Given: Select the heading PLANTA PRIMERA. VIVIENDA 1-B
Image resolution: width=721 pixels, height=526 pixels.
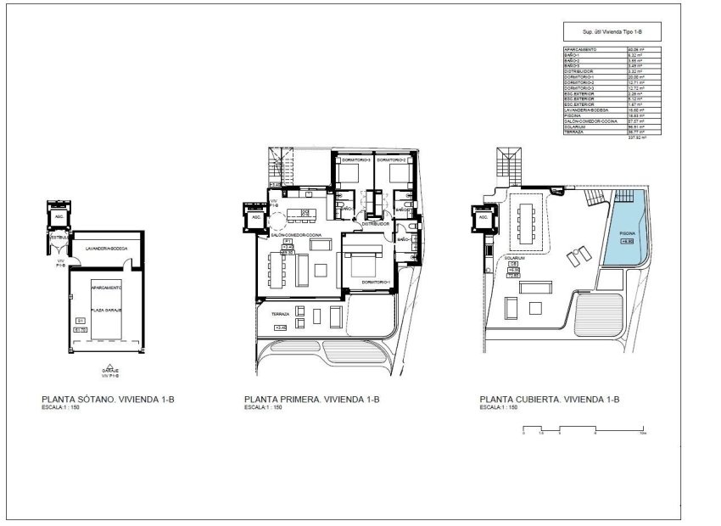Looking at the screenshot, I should coord(310,398).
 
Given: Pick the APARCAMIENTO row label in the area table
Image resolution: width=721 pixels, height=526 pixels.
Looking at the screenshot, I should coord(580,50).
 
